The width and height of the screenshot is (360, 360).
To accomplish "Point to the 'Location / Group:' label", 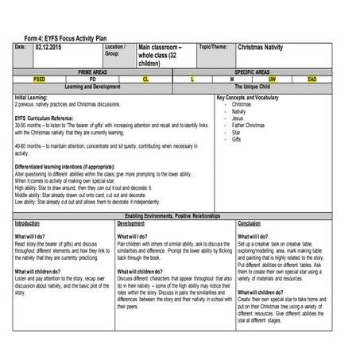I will pyautogui.click(x=116, y=51).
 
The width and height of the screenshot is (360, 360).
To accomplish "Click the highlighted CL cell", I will pyautogui.click(x=145, y=79).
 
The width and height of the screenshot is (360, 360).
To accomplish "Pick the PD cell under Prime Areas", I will pyautogui.click(x=92, y=79).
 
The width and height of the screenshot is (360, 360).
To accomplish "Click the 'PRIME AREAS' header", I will pyautogui.click(x=93, y=72).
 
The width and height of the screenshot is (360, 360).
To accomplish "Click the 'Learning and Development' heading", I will pyautogui.click(x=92, y=86).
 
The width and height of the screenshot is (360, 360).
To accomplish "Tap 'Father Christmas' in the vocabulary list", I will pyautogui.click(x=250, y=125).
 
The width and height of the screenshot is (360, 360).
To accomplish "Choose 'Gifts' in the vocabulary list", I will pyautogui.click(x=237, y=139).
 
